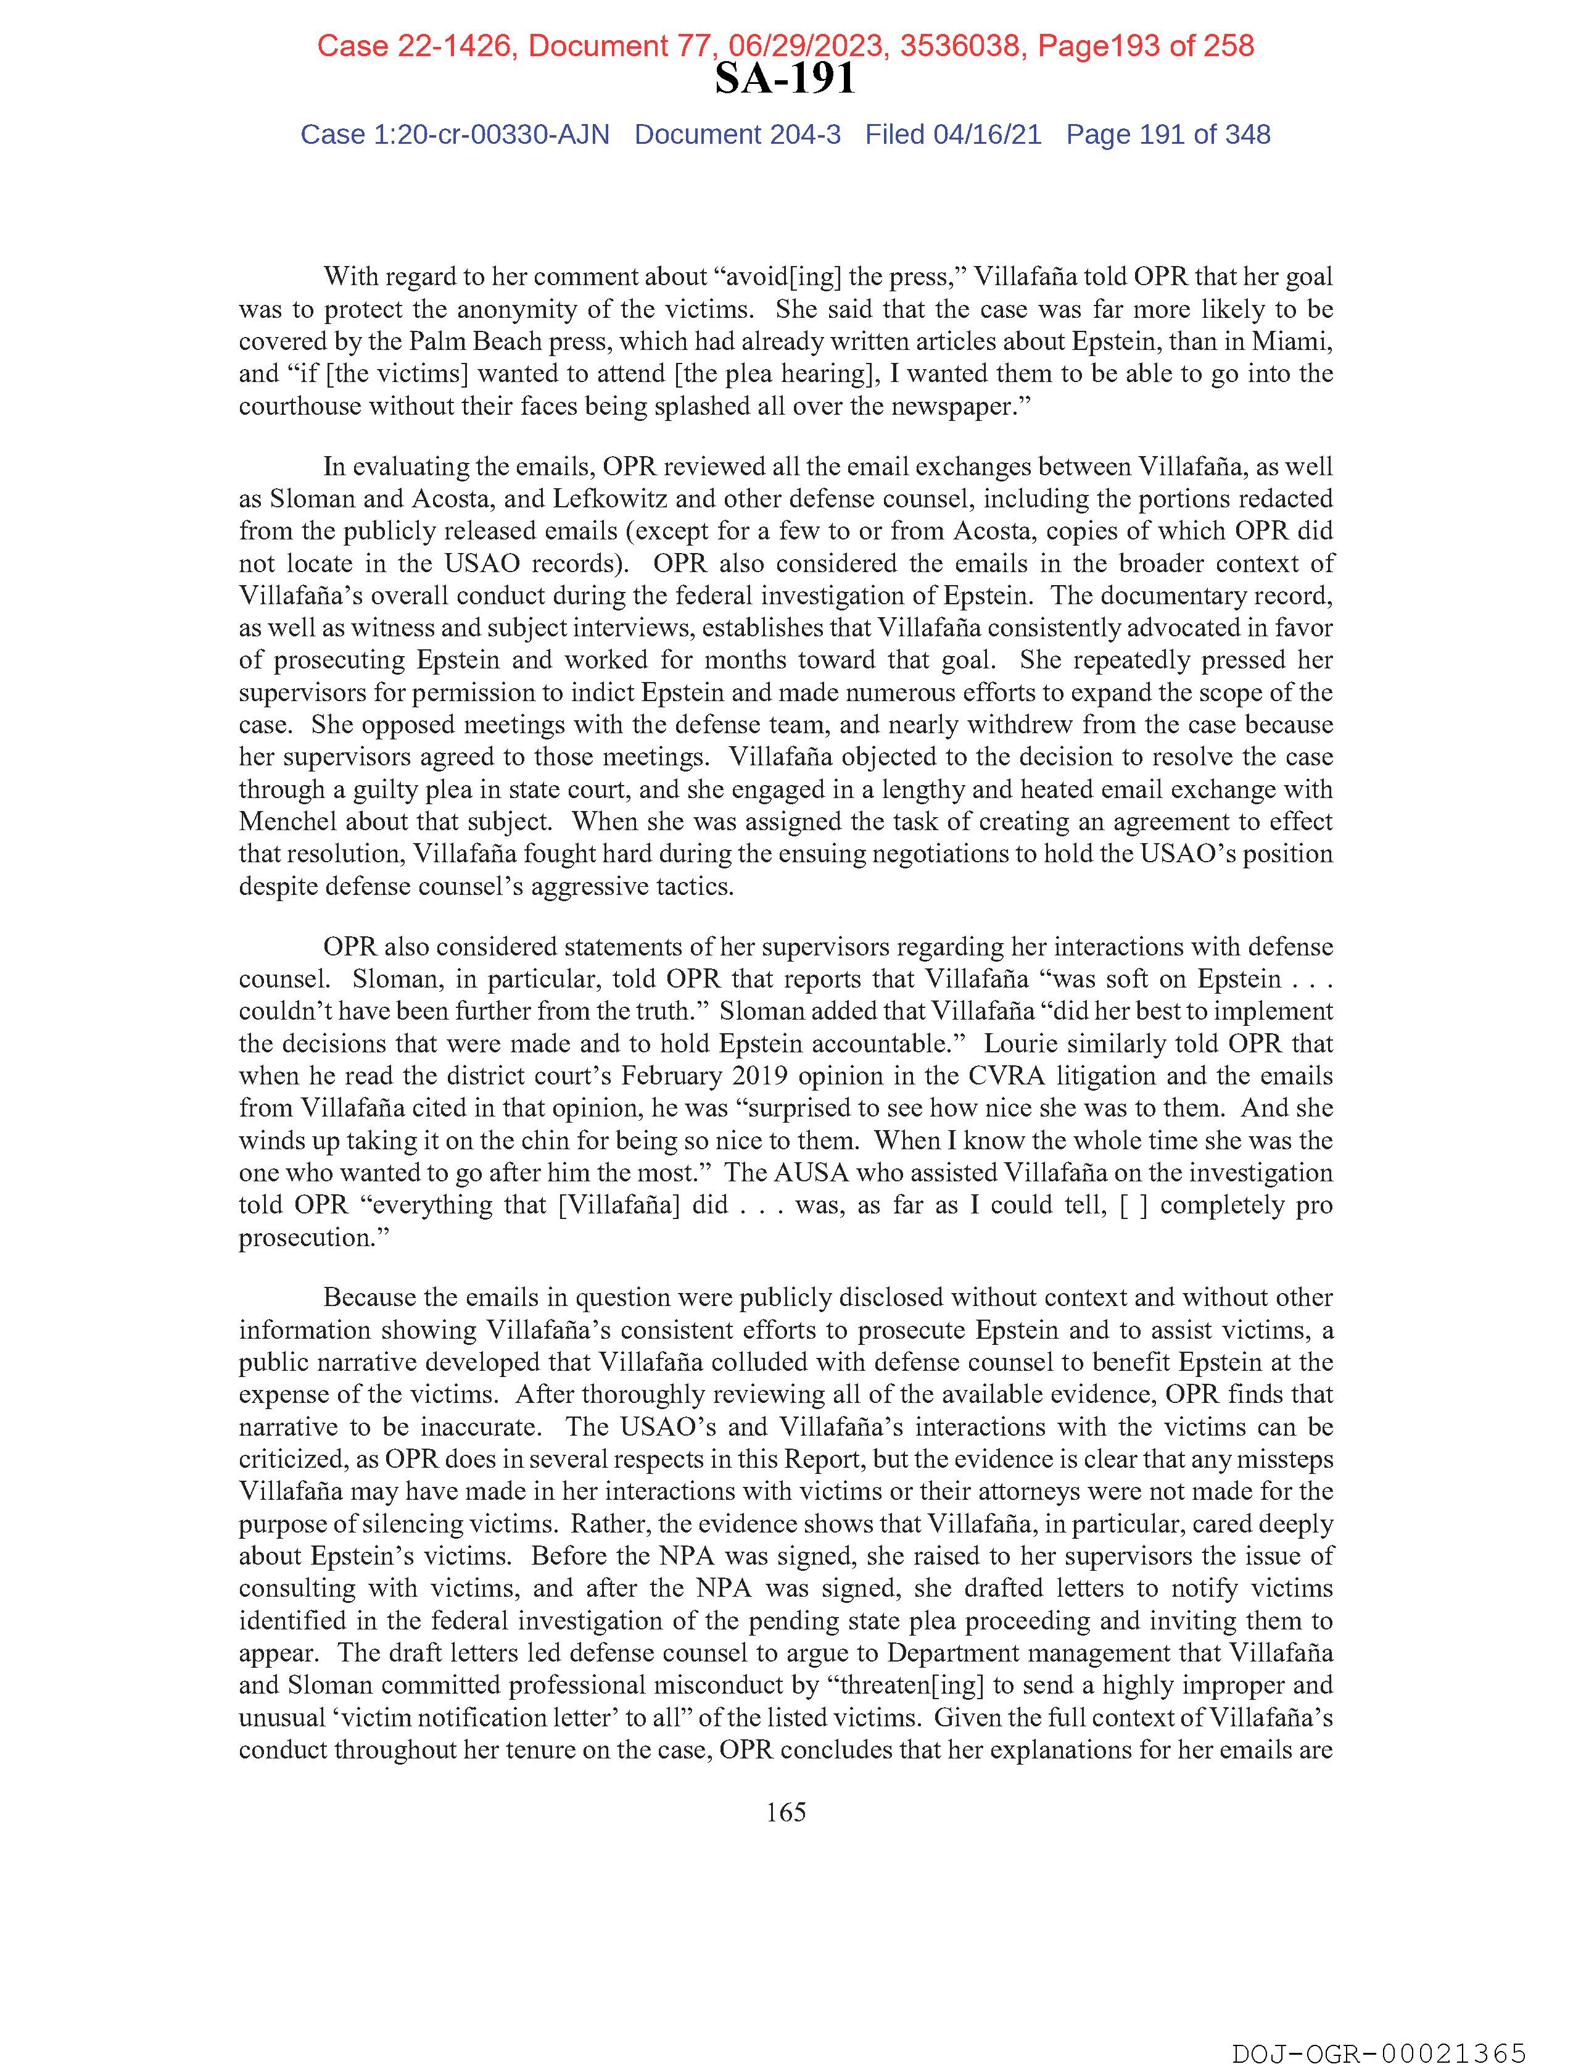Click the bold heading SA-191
[785, 78]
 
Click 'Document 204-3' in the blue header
[737, 135]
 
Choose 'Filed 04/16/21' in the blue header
[952, 135]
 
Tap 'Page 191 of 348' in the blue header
[1168, 135]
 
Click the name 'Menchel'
[287, 822]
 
